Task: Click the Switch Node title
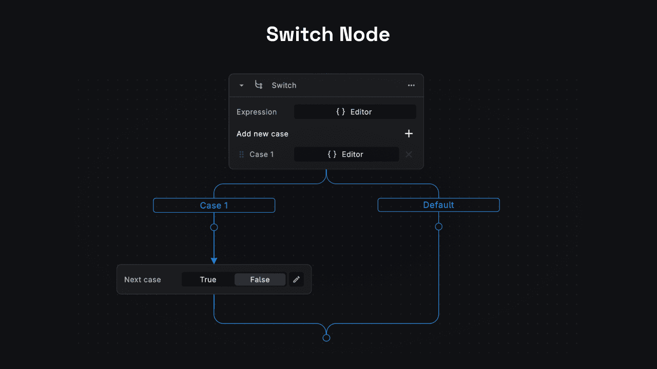click(x=328, y=34)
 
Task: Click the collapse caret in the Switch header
click(x=241, y=86)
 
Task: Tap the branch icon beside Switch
click(x=259, y=85)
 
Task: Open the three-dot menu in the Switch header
click(x=411, y=86)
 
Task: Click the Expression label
click(x=257, y=112)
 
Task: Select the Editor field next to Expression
click(x=355, y=112)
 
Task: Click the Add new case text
click(x=262, y=134)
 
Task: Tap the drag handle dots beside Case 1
click(x=241, y=154)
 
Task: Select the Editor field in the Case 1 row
click(x=346, y=154)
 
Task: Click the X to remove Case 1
click(x=409, y=154)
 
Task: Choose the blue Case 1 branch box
click(x=214, y=206)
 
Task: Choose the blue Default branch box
click(x=438, y=205)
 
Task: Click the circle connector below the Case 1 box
click(x=214, y=227)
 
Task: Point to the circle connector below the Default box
click(x=438, y=227)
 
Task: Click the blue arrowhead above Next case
click(x=214, y=261)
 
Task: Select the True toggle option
click(x=208, y=279)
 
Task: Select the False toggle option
click(x=260, y=279)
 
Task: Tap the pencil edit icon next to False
click(x=296, y=279)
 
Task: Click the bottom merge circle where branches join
click(x=326, y=338)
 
